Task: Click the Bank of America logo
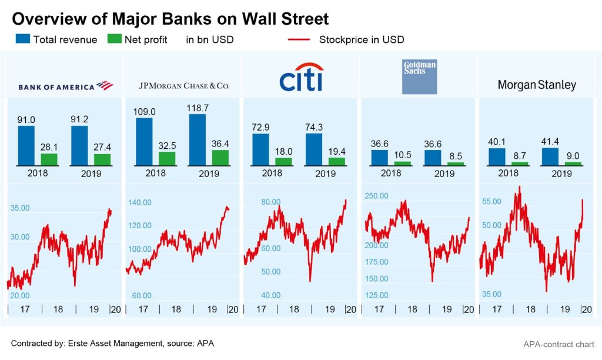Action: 65,86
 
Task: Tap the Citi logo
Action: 301,78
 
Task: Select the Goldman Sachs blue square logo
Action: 419,76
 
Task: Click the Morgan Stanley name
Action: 537,85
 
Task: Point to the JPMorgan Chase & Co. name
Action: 183,86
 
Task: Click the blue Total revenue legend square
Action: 22,40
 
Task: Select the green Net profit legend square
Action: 115,40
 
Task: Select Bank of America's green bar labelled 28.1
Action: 49,159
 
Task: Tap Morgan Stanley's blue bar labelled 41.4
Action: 550,156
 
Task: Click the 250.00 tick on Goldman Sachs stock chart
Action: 376,196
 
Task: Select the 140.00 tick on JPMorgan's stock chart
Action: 139,202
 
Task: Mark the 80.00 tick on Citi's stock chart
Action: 271,202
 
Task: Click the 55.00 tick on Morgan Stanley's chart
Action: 491,202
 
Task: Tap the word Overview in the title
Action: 47,19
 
